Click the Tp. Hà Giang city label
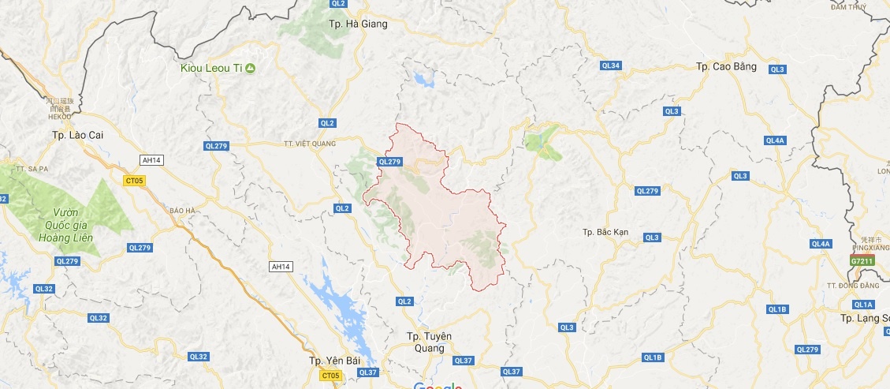(x=358, y=24)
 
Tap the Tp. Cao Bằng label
(x=726, y=66)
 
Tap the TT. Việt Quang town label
(x=309, y=144)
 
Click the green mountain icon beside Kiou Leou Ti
(x=250, y=69)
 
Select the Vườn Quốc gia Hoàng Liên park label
(x=63, y=226)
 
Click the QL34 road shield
(x=610, y=65)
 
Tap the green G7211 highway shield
(x=861, y=260)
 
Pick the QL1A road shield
(x=862, y=305)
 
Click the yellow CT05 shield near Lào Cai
(x=134, y=181)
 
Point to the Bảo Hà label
(x=181, y=211)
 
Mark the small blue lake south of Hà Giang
(x=423, y=80)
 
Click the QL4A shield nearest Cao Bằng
(x=774, y=140)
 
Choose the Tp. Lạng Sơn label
(x=864, y=318)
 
